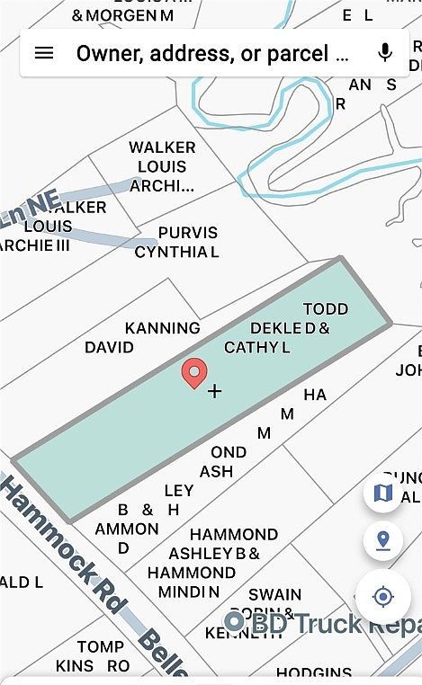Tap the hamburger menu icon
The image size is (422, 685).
pos(43,53)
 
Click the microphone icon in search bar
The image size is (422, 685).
pos(385,53)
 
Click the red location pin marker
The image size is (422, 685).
pos(193,372)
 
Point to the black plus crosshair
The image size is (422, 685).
pos(214,391)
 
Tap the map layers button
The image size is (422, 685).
pos(383,493)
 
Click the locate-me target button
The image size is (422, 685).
pos(383,597)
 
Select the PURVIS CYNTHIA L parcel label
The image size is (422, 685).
pos(177,243)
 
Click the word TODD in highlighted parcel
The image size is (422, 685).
pos(325,308)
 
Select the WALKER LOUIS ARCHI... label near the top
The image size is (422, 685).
pos(162,167)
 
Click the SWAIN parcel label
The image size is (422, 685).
pos(274,594)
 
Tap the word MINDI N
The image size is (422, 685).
pos(188,592)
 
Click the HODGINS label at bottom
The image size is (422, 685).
pos(313,673)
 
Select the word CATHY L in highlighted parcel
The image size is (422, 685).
pos(256,347)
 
